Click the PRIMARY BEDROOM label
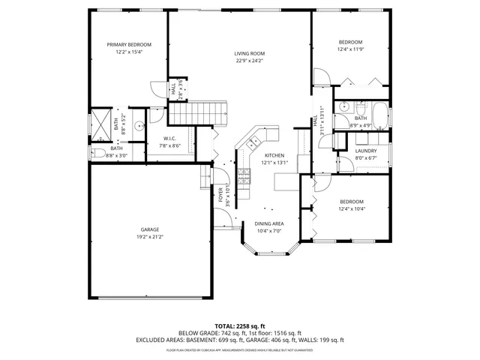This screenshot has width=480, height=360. (128, 45)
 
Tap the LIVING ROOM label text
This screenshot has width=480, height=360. (249, 53)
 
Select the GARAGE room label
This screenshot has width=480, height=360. (149, 229)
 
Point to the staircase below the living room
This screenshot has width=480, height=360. (196, 114)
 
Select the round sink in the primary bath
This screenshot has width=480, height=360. (139, 127)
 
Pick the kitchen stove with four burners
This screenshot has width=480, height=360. (244, 177)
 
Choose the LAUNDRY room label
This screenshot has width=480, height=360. (366, 151)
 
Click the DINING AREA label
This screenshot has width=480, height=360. (268, 223)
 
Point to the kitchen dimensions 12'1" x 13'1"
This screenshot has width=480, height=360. (274, 163)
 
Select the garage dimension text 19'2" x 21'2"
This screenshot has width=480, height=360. (149, 237)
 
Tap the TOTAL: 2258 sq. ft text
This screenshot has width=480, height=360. (239, 325)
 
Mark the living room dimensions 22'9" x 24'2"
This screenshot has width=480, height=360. (249, 61)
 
